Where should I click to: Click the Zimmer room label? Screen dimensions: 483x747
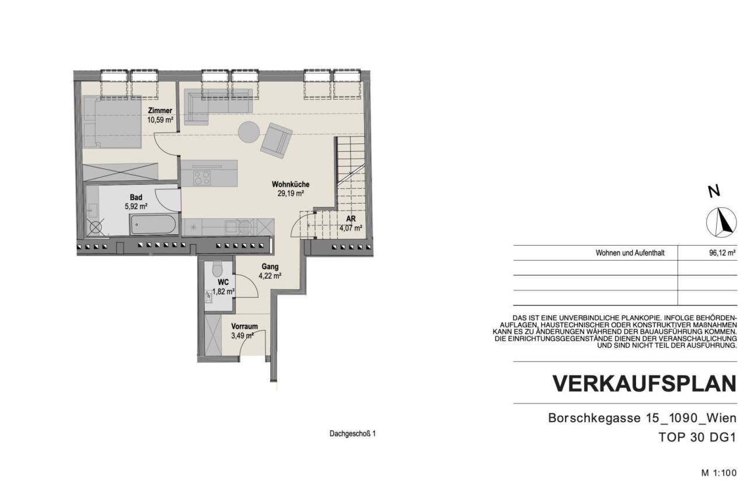(160, 111)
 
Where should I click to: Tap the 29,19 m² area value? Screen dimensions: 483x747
(291, 194)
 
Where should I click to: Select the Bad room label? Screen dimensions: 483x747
(136, 198)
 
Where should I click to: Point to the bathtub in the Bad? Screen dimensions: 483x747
(154, 225)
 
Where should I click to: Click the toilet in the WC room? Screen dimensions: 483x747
(218, 269)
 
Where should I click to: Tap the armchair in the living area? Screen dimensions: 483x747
(277, 141)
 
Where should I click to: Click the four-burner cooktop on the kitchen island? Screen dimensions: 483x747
(202, 176)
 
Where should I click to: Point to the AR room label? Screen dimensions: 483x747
(351, 219)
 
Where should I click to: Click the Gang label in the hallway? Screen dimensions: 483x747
(270, 267)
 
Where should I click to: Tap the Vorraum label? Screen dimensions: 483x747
(244, 327)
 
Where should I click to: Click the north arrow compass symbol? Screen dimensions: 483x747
(722, 222)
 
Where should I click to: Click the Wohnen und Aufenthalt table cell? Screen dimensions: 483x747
(630, 253)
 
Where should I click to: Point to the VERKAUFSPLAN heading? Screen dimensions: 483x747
(644, 383)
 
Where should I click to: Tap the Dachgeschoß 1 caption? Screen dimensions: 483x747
(352, 434)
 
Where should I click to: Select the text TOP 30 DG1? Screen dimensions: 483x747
(697, 437)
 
